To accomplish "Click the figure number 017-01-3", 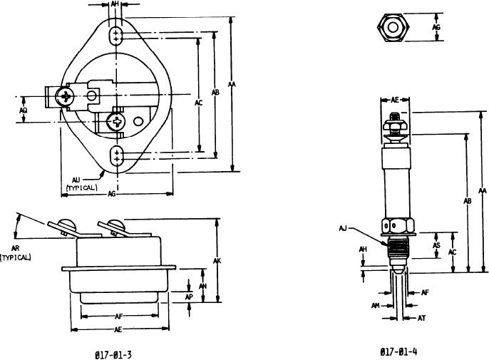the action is [113, 355].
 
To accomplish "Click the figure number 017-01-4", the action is [398, 351].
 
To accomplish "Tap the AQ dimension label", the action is [23, 110].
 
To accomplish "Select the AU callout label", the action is [76, 180].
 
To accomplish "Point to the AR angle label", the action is [15, 248].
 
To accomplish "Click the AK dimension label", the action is [217, 261].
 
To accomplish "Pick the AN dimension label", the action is [202, 286].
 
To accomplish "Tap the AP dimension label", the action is [189, 297].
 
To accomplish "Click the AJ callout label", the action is [343, 229].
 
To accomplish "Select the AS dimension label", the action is [436, 245].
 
